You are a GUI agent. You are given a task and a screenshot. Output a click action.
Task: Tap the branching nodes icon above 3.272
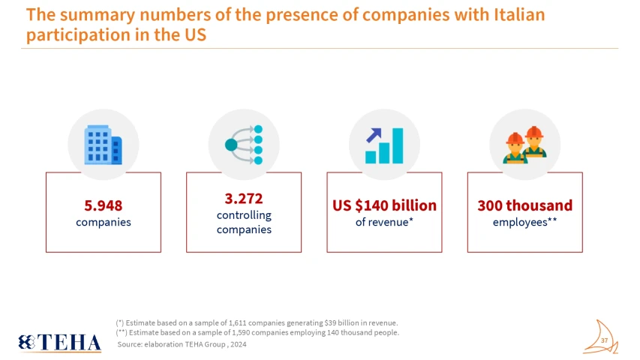click(x=244, y=144)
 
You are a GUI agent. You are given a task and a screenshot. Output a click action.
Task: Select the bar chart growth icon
click(x=384, y=144)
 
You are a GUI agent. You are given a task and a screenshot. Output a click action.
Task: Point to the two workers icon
click(x=524, y=144)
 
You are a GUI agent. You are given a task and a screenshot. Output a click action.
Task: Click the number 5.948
click(x=104, y=205)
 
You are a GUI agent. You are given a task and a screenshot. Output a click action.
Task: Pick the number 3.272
click(x=244, y=199)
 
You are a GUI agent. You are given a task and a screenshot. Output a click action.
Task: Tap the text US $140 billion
click(x=384, y=205)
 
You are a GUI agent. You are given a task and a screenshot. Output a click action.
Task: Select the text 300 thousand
click(x=524, y=205)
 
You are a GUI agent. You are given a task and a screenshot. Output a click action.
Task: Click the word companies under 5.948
click(x=104, y=222)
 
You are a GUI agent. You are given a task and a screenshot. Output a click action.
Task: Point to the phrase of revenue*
click(x=384, y=222)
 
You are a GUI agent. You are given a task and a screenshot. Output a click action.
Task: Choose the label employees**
click(x=524, y=222)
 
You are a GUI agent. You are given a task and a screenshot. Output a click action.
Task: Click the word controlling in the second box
click(x=244, y=215)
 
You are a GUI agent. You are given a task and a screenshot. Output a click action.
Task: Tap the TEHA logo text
click(x=69, y=343)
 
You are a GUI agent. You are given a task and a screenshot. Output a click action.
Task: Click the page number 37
click(x=604, y=341)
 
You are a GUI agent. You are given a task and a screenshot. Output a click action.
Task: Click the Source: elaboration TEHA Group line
click(x=182, y=344)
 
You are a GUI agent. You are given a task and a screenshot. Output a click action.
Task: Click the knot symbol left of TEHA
click(x=27, y=342)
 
